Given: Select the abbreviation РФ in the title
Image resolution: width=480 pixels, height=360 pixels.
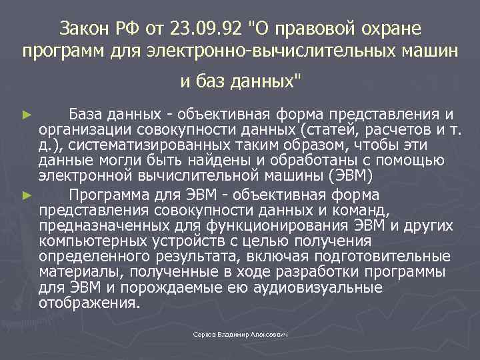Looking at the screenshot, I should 129,29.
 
